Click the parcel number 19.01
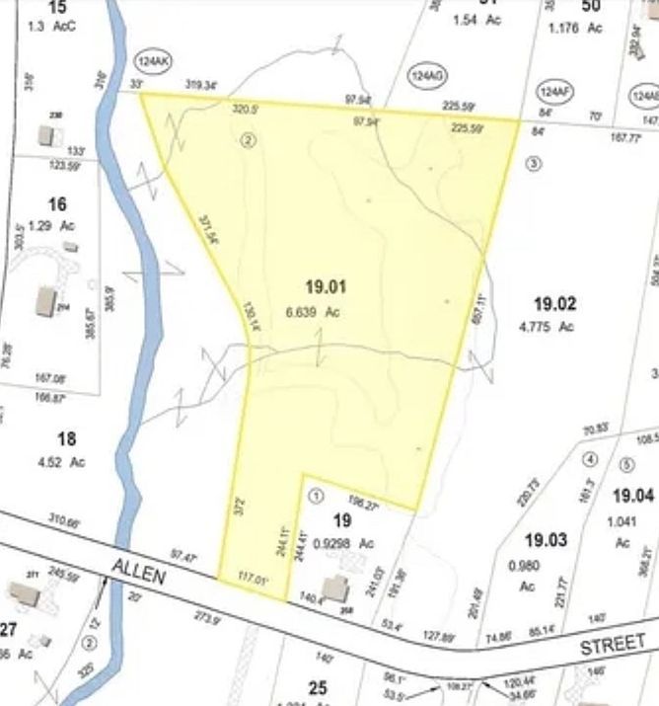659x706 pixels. (x=326, y=287)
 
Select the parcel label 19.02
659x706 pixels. (x=554, y=304)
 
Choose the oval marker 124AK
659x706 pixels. (x=154, y=60)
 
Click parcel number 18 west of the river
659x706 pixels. (x=66, y=439)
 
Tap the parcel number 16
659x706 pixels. (x=57, y=204)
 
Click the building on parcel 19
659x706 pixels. (x=334, y=588)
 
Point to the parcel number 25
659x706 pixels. (x=317, y=687)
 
